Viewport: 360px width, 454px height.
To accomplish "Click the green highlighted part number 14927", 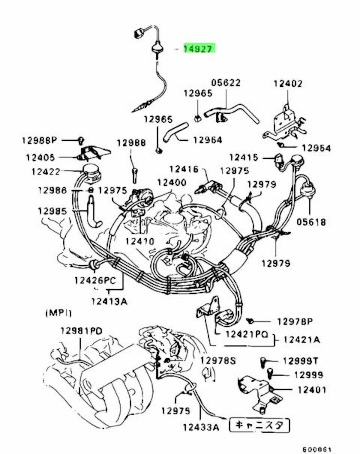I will (198, 48).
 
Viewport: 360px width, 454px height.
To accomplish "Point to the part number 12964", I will (207, 140).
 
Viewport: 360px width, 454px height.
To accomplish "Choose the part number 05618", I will (311, 222).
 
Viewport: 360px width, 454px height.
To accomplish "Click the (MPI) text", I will (58, 312).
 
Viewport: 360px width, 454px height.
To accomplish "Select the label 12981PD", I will (81, 331).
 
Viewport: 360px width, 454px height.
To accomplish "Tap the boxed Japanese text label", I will (259, 425).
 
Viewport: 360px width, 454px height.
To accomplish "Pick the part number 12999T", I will (300, 361).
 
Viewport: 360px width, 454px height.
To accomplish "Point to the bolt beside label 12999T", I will (263, 362).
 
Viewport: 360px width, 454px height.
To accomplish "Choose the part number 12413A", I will (108, 301).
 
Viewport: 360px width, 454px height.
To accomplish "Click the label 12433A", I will (201, 427).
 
